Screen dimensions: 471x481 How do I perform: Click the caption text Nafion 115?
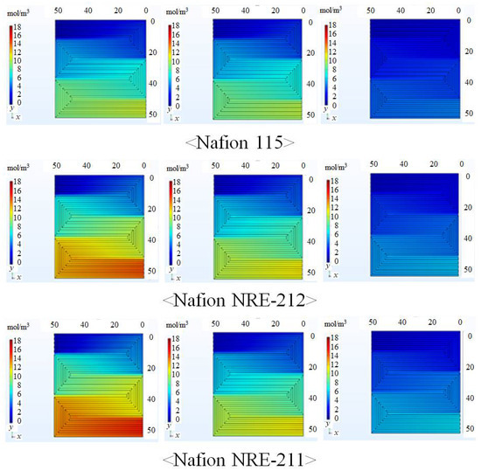tap(239, 140)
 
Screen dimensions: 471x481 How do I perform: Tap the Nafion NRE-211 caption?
tap(239, 455)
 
